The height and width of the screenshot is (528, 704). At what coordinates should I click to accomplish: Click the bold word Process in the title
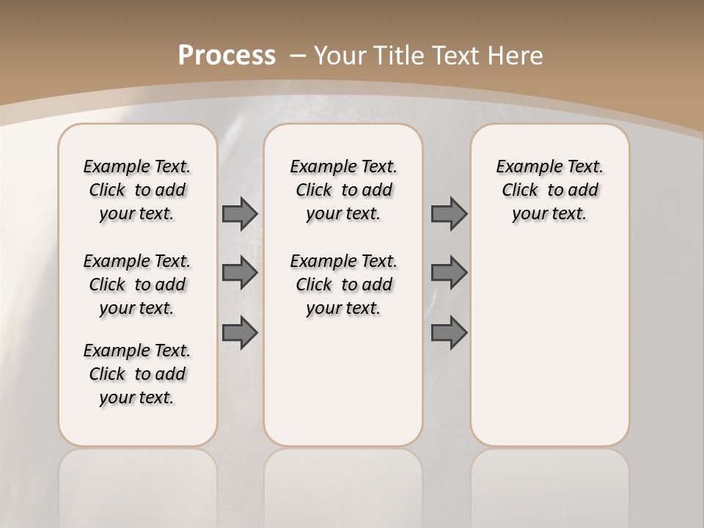[x=227, y=56]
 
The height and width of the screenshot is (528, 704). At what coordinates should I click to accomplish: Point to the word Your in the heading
[x=341, y=56]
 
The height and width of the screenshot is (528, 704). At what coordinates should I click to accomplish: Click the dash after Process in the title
[x=298, y=56]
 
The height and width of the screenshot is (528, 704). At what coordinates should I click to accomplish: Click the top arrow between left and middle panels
[x=240, y=213]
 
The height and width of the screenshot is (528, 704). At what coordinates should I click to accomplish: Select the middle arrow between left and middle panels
[x=240, y=273]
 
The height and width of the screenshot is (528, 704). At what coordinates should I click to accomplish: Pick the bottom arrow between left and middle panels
[x=240, y=332]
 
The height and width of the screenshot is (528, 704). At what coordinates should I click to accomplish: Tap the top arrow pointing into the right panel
[x=449, y=213]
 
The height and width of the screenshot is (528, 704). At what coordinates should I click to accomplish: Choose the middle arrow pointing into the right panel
[x=449, y=273]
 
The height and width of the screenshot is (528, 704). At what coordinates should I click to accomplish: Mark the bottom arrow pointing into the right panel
[x=449, y=332]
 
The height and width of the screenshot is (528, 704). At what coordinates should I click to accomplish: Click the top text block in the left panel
[x=137, y=190]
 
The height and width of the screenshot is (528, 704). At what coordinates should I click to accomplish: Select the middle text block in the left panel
[x=137, y=285]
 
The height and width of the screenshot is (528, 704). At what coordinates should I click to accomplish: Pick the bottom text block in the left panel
[x=137, y=374]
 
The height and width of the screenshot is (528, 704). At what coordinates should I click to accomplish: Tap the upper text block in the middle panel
[x=343, y=190]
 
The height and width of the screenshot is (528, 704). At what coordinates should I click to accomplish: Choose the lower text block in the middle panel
[x=343, y=285]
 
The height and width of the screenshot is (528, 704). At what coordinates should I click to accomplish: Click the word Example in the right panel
[x=524, y=166]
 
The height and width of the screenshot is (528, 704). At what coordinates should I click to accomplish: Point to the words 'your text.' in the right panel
[x=549, y=213]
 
